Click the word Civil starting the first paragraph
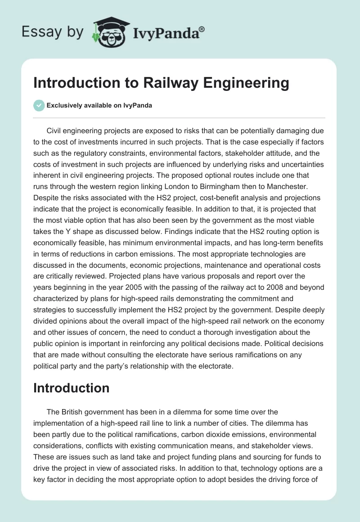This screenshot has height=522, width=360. coord(55,131)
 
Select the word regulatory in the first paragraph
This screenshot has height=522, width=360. coord(93,153)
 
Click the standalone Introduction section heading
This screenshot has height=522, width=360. coord(71,388)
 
